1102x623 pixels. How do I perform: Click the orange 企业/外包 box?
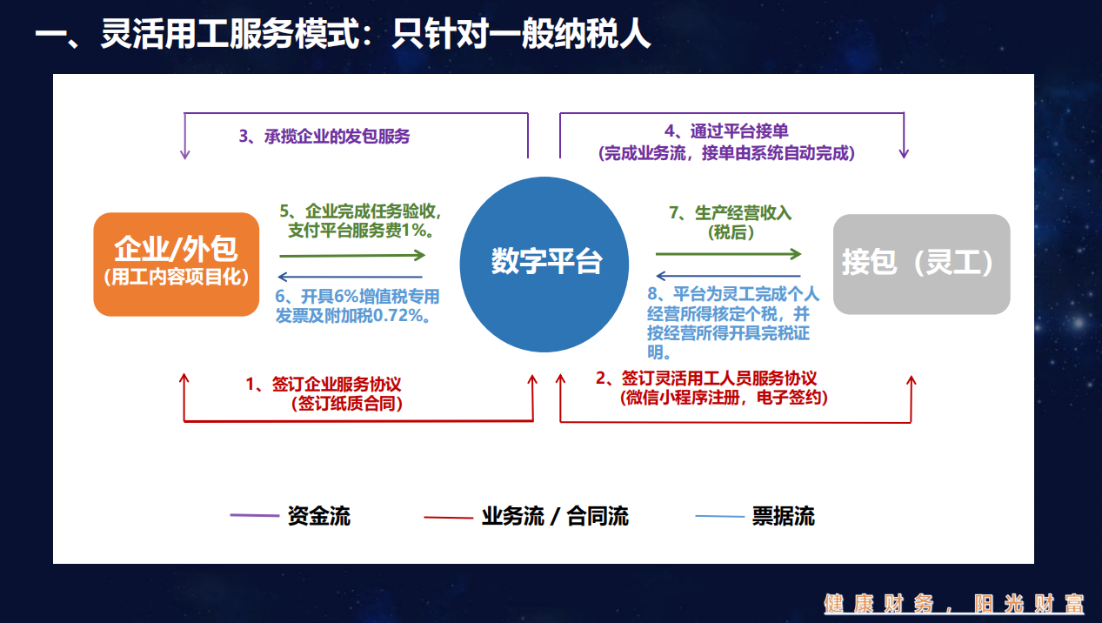[x=176, y=265]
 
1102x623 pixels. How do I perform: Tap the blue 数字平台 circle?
[x=544, y=265]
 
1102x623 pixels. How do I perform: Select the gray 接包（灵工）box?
[x=921, y=265]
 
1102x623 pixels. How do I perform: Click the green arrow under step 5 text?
[x=352, y=256]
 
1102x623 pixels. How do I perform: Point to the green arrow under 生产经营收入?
[x=729, y=254]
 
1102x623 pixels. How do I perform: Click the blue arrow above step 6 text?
[x=350, y=277]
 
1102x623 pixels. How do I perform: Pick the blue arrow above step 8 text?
[x=729, y=276]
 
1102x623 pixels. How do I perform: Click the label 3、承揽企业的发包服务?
[x=324, y=137]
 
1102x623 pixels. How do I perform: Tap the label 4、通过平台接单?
[x=726, y=131]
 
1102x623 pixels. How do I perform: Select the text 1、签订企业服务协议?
[x=324, y=384]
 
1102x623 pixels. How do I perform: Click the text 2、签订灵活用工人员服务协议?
[x=706, y=378]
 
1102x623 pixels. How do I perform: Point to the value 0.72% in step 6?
[x=397, y=316]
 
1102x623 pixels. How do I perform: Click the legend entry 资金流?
[x=319, y=516]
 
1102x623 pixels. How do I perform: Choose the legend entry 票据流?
[x=783, y=516]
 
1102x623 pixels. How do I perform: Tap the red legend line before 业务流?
[x=448, y=517]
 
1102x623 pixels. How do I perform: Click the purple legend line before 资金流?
[x=254, y=515]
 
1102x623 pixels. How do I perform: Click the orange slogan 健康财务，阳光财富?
[x=954, y=604]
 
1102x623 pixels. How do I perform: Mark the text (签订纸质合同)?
[x=347, y=404]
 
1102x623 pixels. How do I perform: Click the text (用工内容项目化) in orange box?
[x=176, y=277]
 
